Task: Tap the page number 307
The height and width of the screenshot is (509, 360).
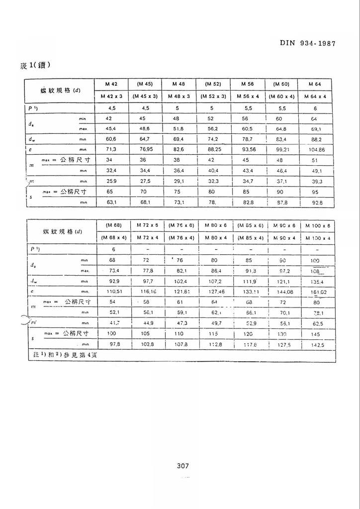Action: pyautogui.click(x=182, y=466)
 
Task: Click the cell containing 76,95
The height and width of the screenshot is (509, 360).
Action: pyautogui.click(x=145, y=149)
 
